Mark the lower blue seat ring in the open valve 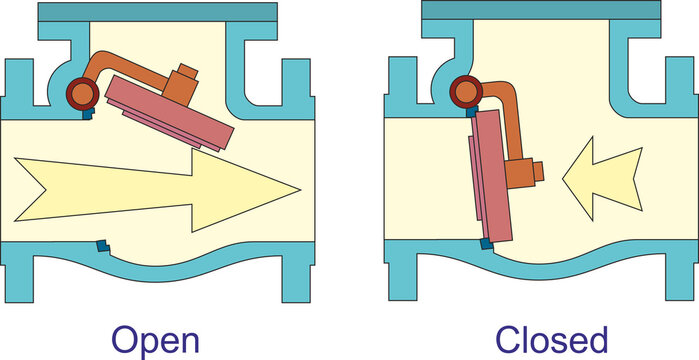coord(100,245)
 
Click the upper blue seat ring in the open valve coord(86,116)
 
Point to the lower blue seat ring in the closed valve coord(486,242)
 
